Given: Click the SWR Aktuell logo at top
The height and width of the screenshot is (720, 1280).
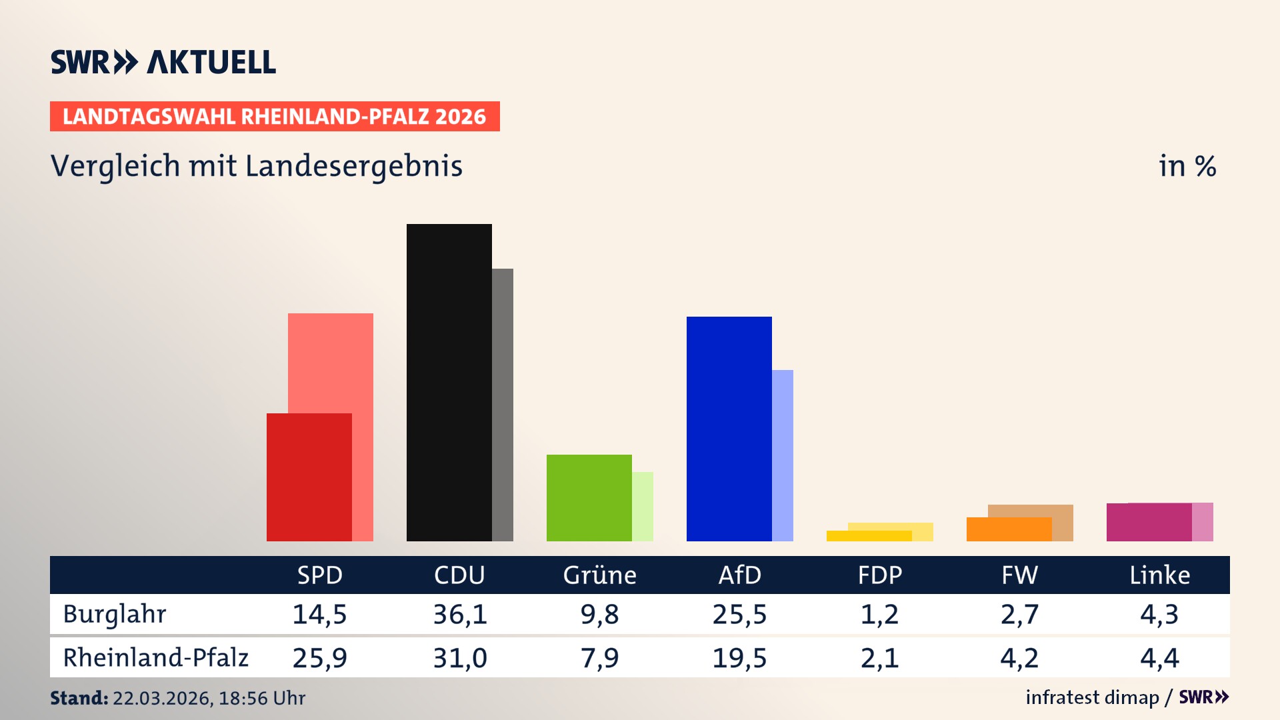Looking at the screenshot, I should point(163,62).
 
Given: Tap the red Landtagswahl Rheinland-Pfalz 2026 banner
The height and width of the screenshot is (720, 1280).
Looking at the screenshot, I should point(275,117).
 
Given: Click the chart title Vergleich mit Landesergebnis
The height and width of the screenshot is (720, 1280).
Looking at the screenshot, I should point(257,166).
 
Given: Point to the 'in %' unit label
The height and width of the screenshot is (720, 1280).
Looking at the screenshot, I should point(1187,166).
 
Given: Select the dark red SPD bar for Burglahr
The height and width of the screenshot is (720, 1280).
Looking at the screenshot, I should point(309,477).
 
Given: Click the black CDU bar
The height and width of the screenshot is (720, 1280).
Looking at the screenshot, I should point(449,382).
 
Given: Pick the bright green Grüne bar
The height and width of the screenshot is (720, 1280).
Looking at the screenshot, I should point(589,497).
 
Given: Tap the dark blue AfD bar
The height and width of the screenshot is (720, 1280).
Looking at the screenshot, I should point(729,428).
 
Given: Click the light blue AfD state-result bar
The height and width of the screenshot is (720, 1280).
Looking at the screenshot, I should point(783,455).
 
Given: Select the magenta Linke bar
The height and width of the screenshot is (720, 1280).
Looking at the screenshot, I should point(1149,522).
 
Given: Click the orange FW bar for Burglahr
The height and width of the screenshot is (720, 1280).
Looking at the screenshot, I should point(1009,529).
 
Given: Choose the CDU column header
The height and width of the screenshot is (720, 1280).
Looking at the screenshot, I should point(459,575).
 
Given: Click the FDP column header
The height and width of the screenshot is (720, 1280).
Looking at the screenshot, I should point(880,575).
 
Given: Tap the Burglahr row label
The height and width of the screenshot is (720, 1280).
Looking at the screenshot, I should point(115,614).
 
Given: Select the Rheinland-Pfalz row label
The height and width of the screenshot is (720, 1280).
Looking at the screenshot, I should point(155,658).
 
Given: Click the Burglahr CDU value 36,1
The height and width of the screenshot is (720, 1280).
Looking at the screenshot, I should point(460,614).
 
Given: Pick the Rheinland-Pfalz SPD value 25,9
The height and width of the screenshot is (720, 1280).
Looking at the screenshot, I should point(320,658).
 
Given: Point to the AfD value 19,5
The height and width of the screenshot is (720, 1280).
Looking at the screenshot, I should point(739,658).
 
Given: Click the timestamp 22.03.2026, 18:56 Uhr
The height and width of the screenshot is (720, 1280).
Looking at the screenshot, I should point(209,698).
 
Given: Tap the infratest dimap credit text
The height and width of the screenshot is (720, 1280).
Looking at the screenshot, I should point(1092,697).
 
